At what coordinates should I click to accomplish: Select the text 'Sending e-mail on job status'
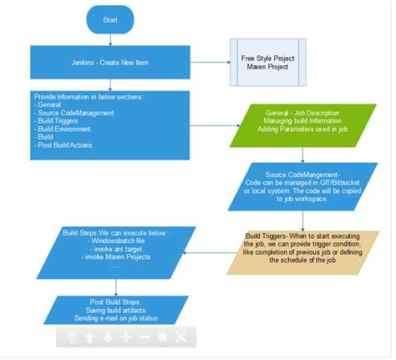109,317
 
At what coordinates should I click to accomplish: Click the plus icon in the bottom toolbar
126,337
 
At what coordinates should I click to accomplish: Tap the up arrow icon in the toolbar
89,337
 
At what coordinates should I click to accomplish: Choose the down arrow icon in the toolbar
108,337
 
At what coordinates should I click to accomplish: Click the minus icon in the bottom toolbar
145,337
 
